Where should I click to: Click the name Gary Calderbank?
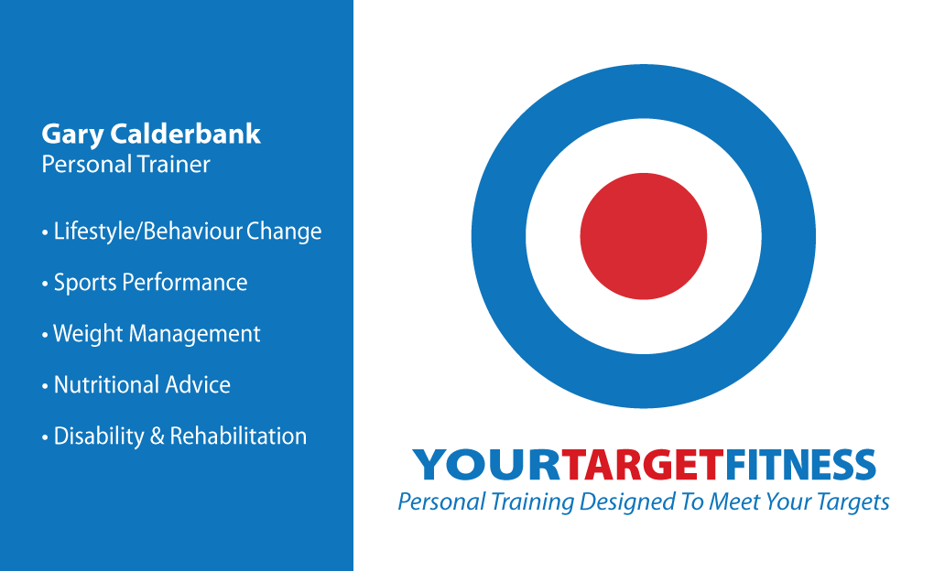pos(151,135)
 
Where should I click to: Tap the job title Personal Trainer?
pos(125,165)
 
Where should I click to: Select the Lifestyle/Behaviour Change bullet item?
pos(181,232)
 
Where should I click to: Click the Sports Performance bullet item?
pos(145,283)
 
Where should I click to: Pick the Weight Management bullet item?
pos(151,334)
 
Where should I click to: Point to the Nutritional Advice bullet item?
pos(136,384)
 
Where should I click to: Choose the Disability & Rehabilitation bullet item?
pos(175,436)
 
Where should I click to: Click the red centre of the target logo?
pos(644,236)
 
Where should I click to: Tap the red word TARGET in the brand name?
pos(643,465)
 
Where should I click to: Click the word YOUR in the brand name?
pos(486,465)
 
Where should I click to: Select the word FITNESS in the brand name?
pos(800,465)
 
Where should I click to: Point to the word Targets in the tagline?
pos(853,502)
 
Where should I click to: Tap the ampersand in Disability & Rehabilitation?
pos(157,436)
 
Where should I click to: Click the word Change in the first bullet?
pos(284,232)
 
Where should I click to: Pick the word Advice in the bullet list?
pos(198,384)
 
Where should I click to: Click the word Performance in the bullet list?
pos(185,283)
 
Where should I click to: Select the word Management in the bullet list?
pos(195,334)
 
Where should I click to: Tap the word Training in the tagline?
pos(532,502)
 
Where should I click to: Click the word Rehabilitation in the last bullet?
pos(238,436)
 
